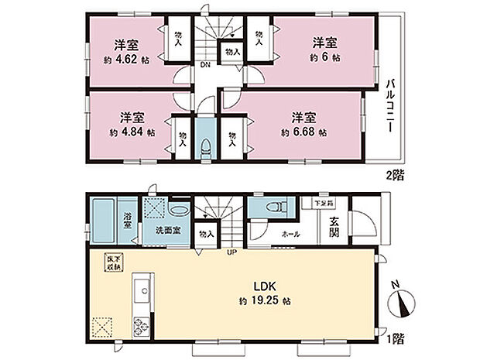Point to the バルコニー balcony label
(391, 106)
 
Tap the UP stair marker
(230, 252)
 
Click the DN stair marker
(205, 66)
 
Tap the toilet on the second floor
(204, 146)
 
